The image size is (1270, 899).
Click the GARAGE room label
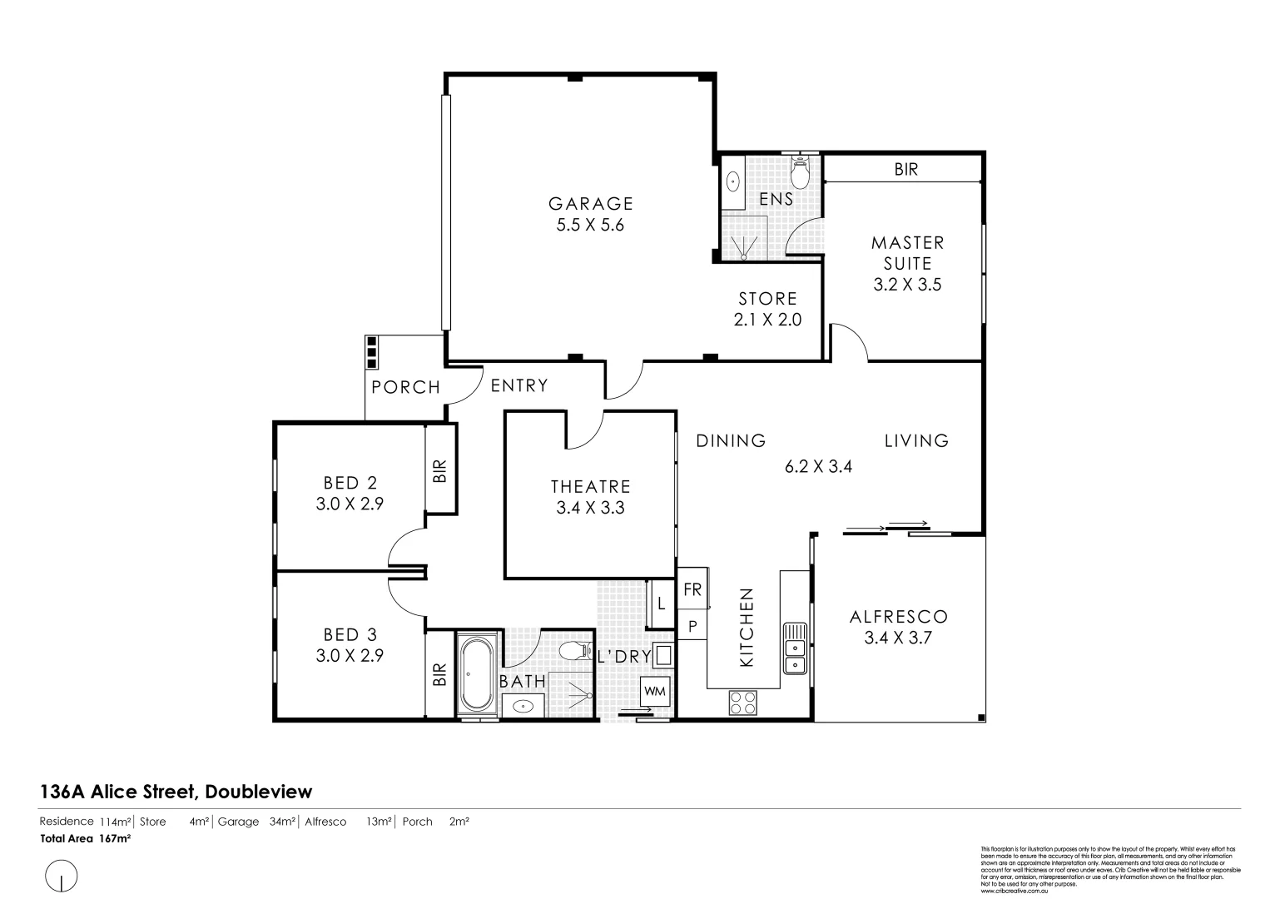pyautogui.click(x=590, y=203)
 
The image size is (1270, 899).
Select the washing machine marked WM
pyautogui.click(x=655, y=691)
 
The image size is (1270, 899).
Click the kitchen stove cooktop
pyautogui.click(x=742, y=703)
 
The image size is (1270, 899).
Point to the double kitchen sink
pyautogui.click(x=795, y=648)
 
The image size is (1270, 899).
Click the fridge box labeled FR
pyautogui.click(x=692, y=589)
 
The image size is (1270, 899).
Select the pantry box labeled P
pyautogui.click(x=692, y=625)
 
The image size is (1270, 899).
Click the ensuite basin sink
pyautogui.click(x=733, y=181)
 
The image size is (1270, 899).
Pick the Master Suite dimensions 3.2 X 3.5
pyautogui.click(x=907, y=284)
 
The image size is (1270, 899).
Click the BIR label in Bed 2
pyautogui.click(x=440, y=471)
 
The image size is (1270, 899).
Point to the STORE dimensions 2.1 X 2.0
pyautogui.click(x=767, y=319)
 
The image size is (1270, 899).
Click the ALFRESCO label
pyautogui.click(x=899, y=617)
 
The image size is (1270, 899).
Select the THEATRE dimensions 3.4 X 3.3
pyautogui.click(x=590, y=507)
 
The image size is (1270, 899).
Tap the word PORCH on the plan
pyautogui.click(x=405, y=387)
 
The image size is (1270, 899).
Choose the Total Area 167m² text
pyautogui.click(x=86, y=838)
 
